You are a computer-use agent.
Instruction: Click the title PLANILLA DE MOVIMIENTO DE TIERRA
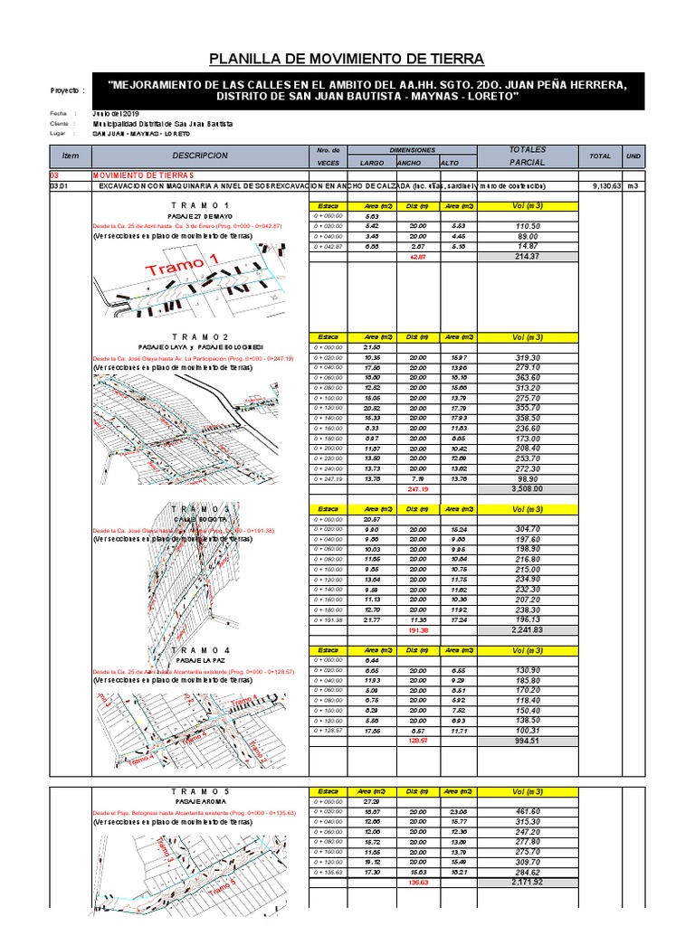click(347, 60)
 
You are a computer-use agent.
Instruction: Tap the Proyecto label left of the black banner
click(68, 91)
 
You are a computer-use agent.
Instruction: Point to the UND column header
click(633, 156)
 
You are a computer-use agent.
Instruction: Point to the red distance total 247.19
click(417, 488)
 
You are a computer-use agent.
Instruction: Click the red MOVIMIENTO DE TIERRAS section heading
click(143, 175)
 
